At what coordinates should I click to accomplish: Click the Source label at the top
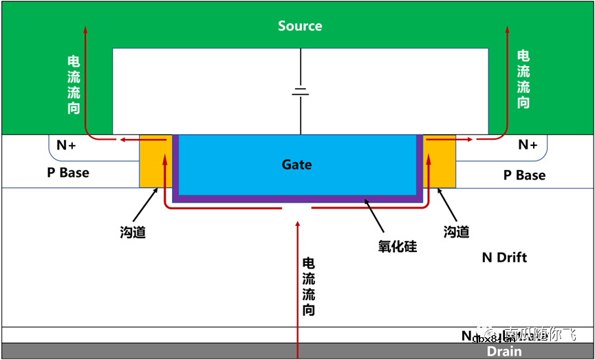299,26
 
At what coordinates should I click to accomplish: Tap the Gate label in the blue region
296,165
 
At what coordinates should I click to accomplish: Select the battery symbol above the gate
300,92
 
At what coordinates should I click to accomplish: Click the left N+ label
66,145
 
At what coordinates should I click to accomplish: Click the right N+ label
527,145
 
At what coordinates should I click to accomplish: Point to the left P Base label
68,173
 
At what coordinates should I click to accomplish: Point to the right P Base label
524,176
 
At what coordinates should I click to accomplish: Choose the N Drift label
504,257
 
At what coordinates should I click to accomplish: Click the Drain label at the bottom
504,352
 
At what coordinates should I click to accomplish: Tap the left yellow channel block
155,161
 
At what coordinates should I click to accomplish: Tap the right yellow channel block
440,161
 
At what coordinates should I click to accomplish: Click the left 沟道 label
133,233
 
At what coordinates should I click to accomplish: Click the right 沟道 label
456,233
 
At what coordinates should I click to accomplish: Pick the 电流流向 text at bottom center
309,286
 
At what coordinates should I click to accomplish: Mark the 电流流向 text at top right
523,79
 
